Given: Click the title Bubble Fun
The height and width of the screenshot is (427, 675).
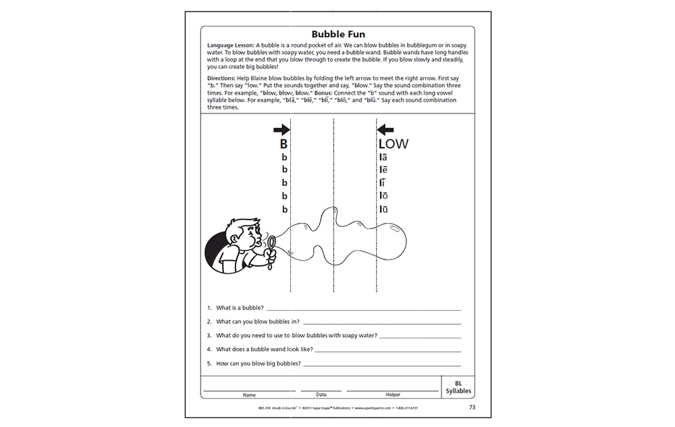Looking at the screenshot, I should pyautogui.click(x=337, y=34).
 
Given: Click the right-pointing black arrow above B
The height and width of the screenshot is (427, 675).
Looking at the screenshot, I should pyautogui.click(x=281, y=129).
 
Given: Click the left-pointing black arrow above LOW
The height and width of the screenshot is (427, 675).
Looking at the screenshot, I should pyautogui.click(x=385, y=129).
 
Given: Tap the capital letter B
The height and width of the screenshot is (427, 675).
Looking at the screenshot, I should pyautogui.click(x=284, y=144).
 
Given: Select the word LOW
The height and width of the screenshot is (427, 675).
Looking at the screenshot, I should pyautogui.click(x=393, y=144).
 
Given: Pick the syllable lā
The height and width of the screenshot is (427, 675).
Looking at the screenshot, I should pyautogui.click(x=383, y=157).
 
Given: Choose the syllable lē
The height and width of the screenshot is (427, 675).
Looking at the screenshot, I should pyautogui.click(x=383, y=170).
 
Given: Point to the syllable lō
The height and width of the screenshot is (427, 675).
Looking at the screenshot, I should pyautogui.click(x=383, y=196).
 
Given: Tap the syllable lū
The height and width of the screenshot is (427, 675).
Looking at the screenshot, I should pyautogui.click(x=383, y=209).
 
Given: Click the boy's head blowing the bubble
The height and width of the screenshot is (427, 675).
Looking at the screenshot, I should pyautogui.click(x=238, y=236).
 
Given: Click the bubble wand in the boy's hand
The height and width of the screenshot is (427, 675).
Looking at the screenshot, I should pyautogui.click(x=271, y=246).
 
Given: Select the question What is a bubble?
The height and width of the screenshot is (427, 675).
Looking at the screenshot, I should pyautogui.click(x=240, y=308).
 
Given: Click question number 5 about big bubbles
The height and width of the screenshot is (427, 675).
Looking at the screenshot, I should pyautogui.click(x=254, y=363).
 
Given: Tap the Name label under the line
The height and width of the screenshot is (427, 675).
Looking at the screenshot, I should pyautogui.click(x=249, y=395).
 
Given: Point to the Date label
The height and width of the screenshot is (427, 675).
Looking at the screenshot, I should pyautogui.click(x=321, y=395).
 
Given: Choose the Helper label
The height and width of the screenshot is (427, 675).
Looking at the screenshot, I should pyautogui.click(x=393, y=395).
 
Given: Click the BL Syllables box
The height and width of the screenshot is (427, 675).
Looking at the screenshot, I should pyautogui.click(x=458, y=386).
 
